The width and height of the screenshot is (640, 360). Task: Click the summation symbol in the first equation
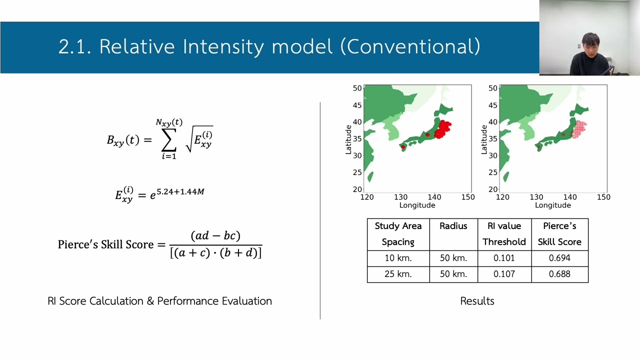(169, 141)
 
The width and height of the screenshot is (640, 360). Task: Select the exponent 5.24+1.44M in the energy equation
(180, 191)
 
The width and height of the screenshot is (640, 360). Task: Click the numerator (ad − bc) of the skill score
(215, 235)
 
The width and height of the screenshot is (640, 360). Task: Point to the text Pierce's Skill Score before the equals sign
(105, 244)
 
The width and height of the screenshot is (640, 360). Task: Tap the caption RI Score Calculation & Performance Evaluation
(159, 301)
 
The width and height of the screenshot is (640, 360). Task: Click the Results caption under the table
(477, 301)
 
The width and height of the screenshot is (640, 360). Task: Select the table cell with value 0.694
(559, 258)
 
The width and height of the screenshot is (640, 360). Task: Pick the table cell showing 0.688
(559, 274)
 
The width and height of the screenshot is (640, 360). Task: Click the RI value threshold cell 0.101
(504, 258)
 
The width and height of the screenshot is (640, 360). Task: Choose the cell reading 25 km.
(398, 274)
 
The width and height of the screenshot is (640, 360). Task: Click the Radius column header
(453, 226)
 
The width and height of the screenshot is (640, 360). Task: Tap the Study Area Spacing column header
(398, 233)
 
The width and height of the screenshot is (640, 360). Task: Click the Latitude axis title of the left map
(349, 139)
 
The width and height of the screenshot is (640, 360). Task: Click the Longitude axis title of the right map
(552, 205)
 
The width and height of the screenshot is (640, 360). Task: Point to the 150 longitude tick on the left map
(468, 197)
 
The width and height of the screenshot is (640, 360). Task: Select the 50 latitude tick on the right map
(492, 88)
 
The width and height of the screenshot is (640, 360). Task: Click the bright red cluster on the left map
(442, 129)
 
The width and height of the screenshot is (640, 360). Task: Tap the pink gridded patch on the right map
(579, 128)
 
